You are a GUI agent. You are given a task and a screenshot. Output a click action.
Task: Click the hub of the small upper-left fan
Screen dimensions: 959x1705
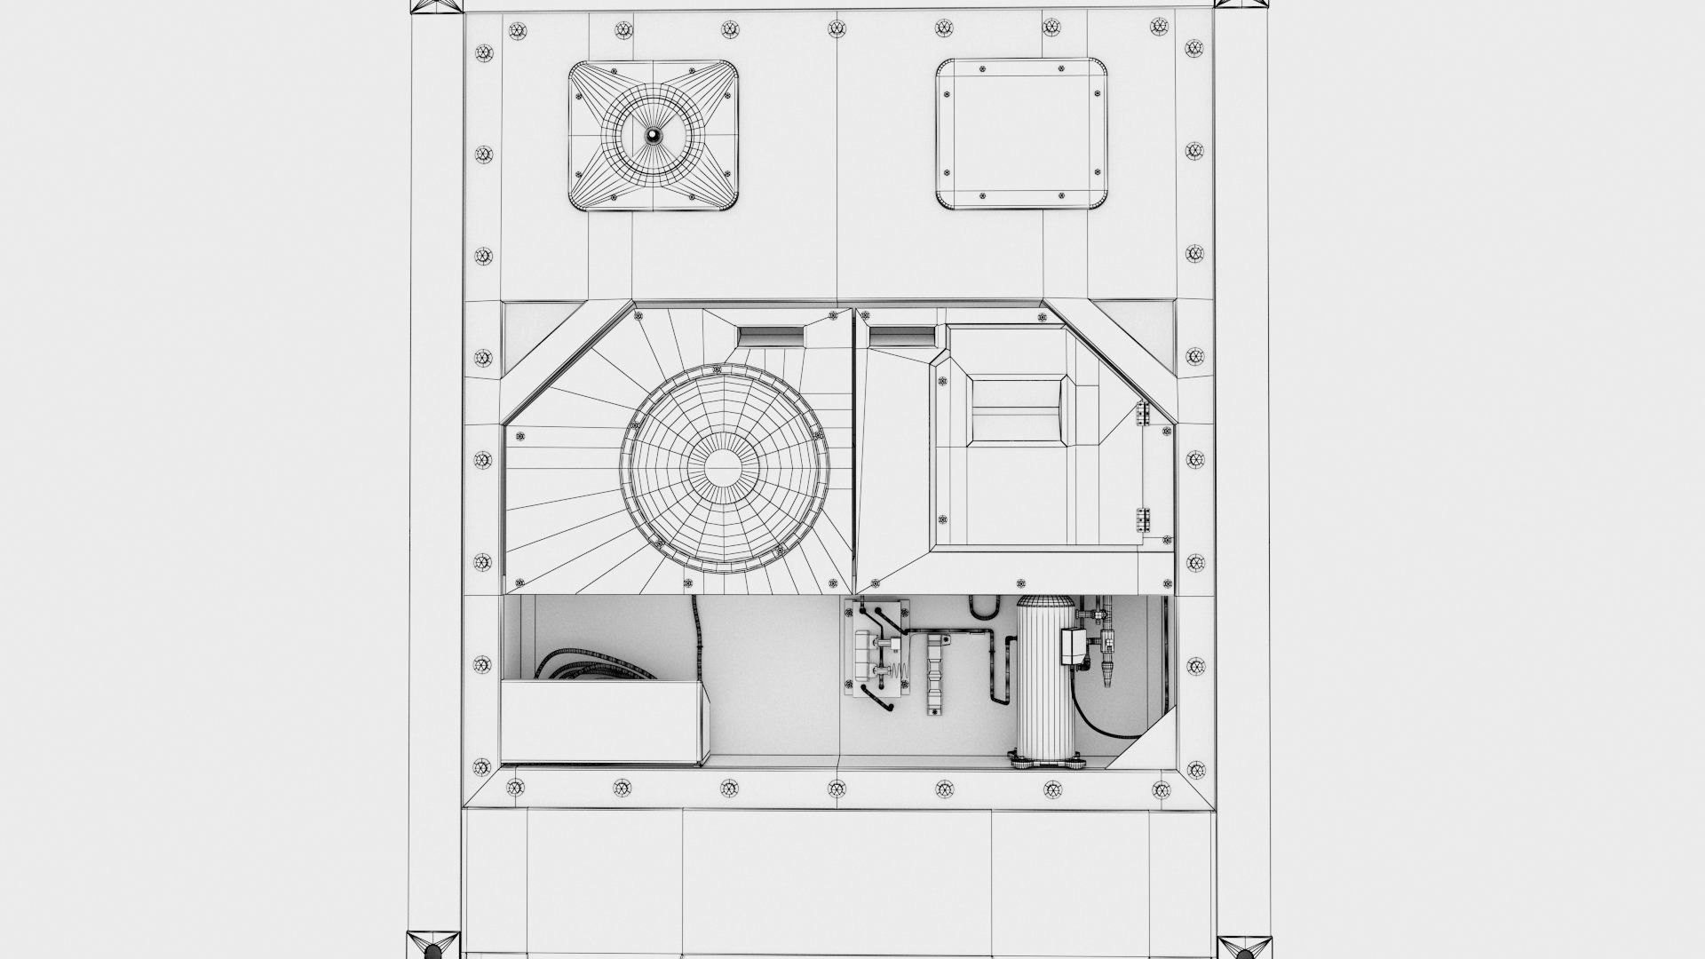(654, 136)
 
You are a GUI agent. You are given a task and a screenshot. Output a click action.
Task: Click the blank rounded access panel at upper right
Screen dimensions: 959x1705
(1023, 134)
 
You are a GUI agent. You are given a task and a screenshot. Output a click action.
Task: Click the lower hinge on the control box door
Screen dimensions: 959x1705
(1143, 519)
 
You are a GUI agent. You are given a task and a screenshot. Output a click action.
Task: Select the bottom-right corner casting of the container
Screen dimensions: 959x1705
(1243, 943)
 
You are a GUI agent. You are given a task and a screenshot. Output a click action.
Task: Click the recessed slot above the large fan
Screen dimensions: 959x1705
(771, 336)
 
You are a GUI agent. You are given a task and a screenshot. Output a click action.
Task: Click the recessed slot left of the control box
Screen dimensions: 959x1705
(901, 336)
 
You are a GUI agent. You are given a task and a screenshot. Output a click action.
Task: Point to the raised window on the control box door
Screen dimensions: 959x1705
(1018, 408)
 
